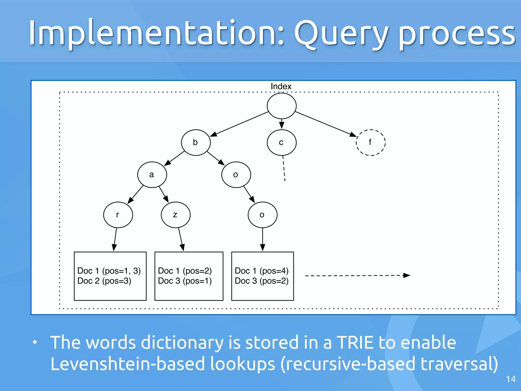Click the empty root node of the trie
(281, 106)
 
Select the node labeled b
(196, 142)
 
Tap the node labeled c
(281, 142)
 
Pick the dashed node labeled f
(370, 142)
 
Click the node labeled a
(152, 175)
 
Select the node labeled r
(118, 215)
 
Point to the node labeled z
(176, 215)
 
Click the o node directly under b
(236, 175)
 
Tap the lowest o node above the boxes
(262, 215)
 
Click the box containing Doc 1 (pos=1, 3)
(110, 276)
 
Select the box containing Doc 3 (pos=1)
(189, 276)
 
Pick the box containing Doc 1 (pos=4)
(262, 276)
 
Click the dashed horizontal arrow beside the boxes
(356, 275)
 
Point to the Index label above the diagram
(281, 86)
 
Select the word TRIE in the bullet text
(356, 342)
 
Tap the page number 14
(511, 379)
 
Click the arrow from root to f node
(326, 124)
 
